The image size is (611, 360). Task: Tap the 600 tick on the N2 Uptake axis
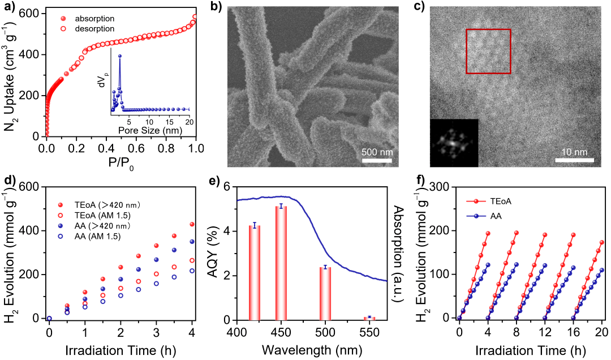point(33,13)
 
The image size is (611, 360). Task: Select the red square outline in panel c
point(488,52)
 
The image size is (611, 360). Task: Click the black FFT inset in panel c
point(454,143)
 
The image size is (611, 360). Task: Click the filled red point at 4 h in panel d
point(192,224)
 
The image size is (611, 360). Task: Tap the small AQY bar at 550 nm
point(369,318)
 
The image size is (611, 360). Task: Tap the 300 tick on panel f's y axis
point(445,187)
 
